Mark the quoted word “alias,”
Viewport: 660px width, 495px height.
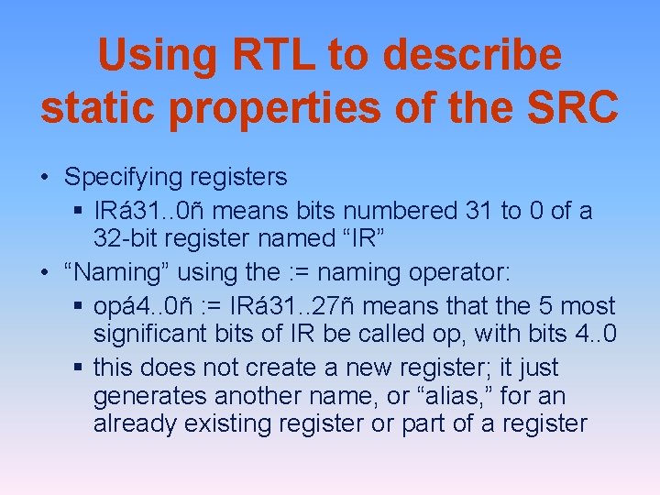[x=453, y=397]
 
